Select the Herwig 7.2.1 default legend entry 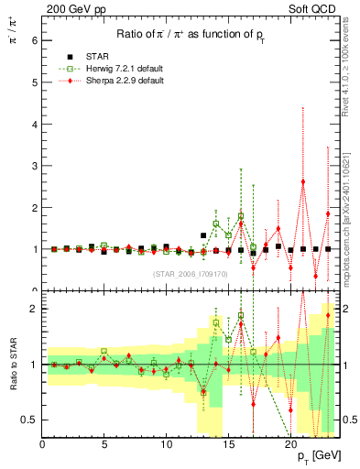pos(101,69)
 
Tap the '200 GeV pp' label pos(71,8)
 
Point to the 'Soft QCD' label pos(316,8)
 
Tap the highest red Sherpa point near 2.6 pos(303,181)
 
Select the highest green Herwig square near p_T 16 pos(241,216)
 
